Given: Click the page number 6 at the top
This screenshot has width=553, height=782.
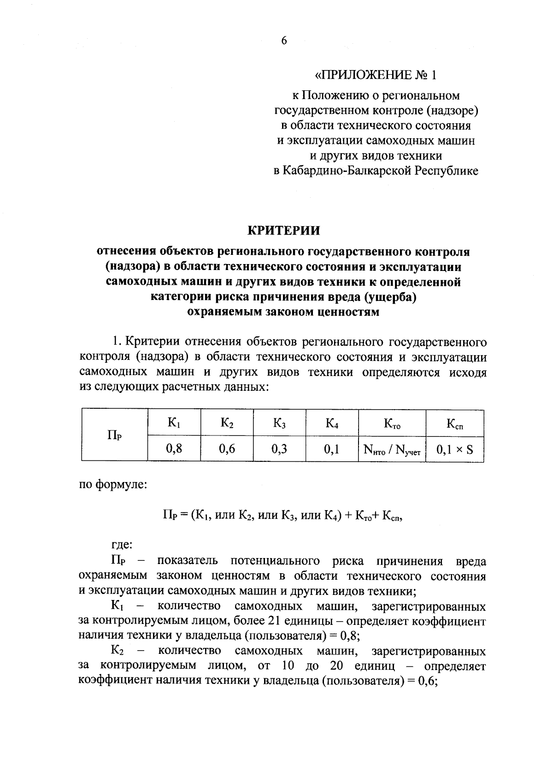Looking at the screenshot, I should tap(283, 41).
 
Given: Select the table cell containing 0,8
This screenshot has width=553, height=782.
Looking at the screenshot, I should tap(174, 448).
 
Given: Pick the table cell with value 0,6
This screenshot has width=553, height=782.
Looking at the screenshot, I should tap(226, 448).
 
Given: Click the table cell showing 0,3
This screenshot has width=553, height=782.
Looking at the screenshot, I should tap(279, 448).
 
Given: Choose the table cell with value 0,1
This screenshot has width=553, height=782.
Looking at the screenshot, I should tap(332, 448).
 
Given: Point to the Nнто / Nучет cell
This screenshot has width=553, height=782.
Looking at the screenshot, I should tap(392, 449).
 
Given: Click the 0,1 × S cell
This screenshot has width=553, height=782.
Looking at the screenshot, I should tap(455, 449).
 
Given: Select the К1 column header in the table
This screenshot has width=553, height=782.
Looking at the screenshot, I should tap(174, 423).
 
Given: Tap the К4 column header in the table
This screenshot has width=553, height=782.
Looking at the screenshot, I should tap(332, 423).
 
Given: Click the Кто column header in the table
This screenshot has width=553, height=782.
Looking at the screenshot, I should tap(392, 423).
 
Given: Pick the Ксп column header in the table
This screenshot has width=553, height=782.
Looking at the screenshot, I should tap(455, 423).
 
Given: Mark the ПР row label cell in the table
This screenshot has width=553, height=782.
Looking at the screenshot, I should tap(114, 435).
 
